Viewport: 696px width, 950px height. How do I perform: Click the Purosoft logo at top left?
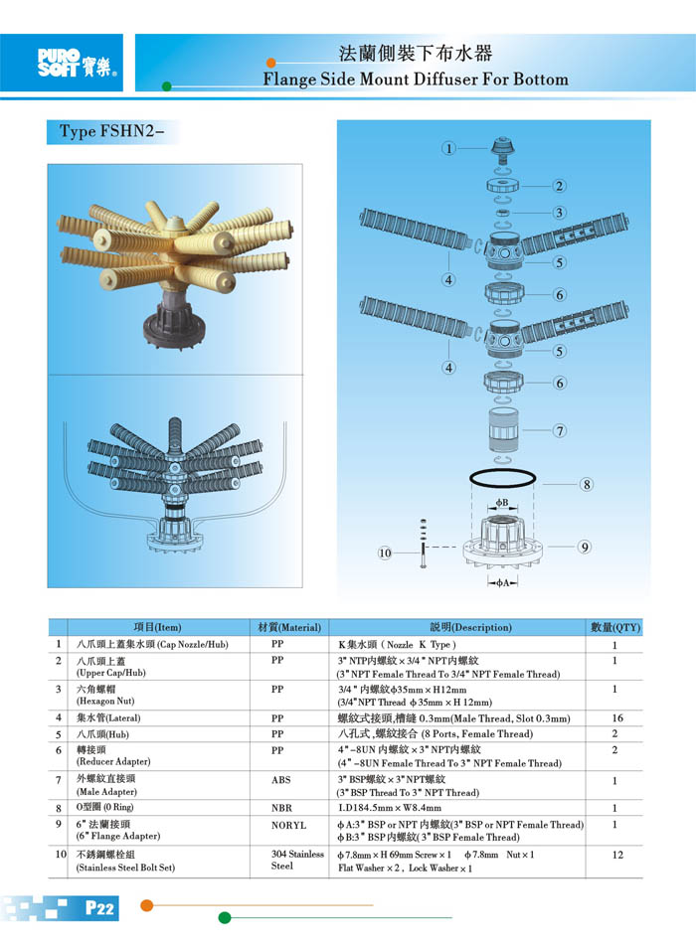click(x=77, y=63)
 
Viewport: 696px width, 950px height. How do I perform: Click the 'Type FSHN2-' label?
click(x=112, y=131)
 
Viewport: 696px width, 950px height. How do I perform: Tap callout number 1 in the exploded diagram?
click(x=448, y=148)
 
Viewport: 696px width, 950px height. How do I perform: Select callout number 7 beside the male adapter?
click(x=560, y=430)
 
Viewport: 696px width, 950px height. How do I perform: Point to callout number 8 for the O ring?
click(x=587, y=484)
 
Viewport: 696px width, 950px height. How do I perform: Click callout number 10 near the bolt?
click(x=385, y=553)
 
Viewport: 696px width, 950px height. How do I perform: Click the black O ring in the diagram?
click(x=502, y=477)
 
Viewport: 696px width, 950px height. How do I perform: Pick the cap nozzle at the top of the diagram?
click(x=502, y=150)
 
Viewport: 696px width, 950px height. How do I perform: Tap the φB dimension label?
click(x=502, y=502)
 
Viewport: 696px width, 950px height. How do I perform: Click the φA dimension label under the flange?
click(x=502, y=583)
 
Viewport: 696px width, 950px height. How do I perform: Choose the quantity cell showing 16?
click(x=617, y=717)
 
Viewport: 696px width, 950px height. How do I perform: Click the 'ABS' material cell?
click(x=280, y=780)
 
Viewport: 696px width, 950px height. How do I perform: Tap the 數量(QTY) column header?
click(x=615, y=627)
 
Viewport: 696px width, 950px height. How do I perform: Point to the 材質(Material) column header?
click(x=289, y=627)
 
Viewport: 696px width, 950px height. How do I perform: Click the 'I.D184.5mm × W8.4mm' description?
click(x=390, y=808)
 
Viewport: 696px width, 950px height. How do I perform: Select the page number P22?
click(x=99, y=907)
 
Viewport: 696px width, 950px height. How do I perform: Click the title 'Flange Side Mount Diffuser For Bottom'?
click(x=416, y=79)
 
